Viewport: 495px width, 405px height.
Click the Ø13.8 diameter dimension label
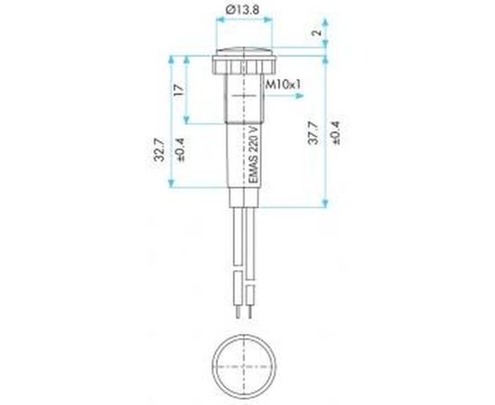coord(243,10)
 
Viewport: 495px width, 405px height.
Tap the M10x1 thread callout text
coord(283,85)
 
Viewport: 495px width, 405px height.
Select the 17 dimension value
coord(179,90)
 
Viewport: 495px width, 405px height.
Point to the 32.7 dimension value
coord(159,150)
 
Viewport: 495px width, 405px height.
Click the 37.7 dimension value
coord(313,133)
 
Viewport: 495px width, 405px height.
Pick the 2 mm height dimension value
coord(318,32)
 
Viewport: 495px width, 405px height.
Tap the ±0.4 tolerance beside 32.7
coord(181,150)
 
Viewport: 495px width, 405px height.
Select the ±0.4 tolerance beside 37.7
coord(335,133)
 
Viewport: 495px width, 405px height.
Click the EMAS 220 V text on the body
coord(254,155)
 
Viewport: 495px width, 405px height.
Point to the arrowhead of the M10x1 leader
coord(300,96)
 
